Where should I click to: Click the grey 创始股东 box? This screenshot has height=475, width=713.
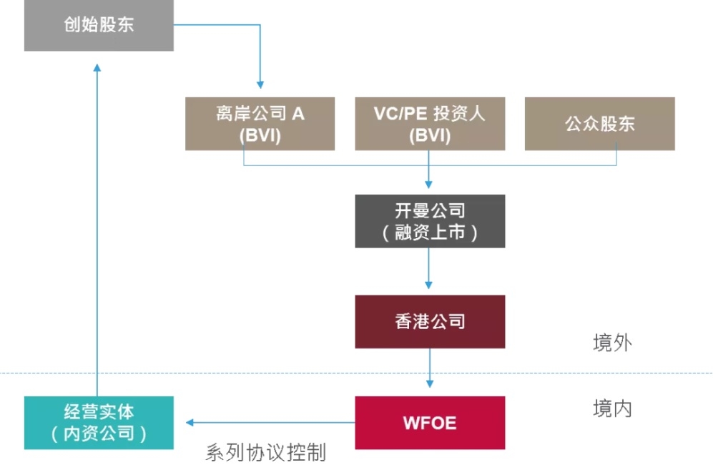point(99,26)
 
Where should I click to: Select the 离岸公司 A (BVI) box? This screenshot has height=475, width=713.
point(260,124)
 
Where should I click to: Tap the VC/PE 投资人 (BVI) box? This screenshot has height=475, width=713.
point(430,124)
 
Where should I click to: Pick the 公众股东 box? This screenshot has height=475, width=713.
point(599,124)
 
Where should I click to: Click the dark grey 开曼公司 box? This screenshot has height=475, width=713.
point(430,221)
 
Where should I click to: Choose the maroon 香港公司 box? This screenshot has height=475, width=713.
point(430,321)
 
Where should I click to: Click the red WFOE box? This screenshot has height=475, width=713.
point(430,422)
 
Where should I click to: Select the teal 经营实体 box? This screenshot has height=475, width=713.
point(99,422)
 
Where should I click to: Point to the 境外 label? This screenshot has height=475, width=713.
point(612,343)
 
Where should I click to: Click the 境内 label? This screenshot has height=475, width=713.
point(612,408)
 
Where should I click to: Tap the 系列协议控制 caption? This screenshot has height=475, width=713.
point(265,452)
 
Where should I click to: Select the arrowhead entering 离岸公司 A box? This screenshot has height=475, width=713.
point(260,85)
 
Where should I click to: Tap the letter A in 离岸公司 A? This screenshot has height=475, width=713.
point(298,113)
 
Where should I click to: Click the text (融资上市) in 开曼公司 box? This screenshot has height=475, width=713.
point(430,232)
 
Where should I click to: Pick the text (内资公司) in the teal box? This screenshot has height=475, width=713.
point(99,434)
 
